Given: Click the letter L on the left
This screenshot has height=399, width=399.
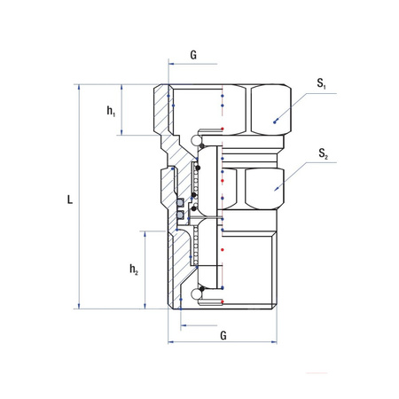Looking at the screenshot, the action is [70, 199].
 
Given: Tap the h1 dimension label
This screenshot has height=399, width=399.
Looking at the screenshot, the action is [111, 111].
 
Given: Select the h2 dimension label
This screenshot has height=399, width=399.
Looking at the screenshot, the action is [134, 270].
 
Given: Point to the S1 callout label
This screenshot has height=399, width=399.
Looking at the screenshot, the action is [321, 83].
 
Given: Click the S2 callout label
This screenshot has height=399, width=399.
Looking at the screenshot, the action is [323, 153].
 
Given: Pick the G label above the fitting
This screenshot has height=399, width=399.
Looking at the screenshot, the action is [193, 55].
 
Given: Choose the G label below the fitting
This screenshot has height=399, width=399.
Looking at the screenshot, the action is [223, 335].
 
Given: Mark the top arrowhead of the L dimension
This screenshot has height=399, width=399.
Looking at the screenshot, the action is [79, 87].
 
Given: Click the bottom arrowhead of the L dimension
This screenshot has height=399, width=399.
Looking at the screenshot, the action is [79, 306].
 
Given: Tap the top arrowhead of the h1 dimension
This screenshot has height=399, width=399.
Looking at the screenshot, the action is [121, 87].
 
